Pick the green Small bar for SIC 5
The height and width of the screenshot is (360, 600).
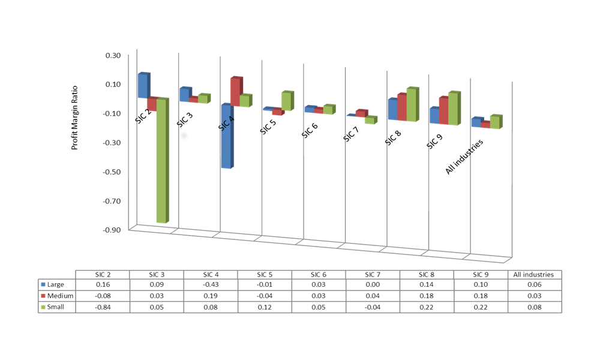click(x=287, y=101)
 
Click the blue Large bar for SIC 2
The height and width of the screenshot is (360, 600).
click(x=143, y=86)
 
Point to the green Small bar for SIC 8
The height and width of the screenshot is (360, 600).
click(x=412, y=106)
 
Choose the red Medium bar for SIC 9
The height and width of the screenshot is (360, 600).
click(x=443, y=110)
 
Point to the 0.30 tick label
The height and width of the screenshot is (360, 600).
click(x=112, y=56)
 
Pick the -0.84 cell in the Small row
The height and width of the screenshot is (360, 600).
click(x=103, y=307)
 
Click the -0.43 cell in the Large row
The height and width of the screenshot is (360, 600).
click(x=211, y=284)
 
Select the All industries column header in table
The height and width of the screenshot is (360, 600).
click(x=535, y=274)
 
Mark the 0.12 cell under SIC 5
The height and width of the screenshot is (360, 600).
click(x=265, y=307)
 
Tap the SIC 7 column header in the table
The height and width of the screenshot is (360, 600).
click(x=373, y=274)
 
